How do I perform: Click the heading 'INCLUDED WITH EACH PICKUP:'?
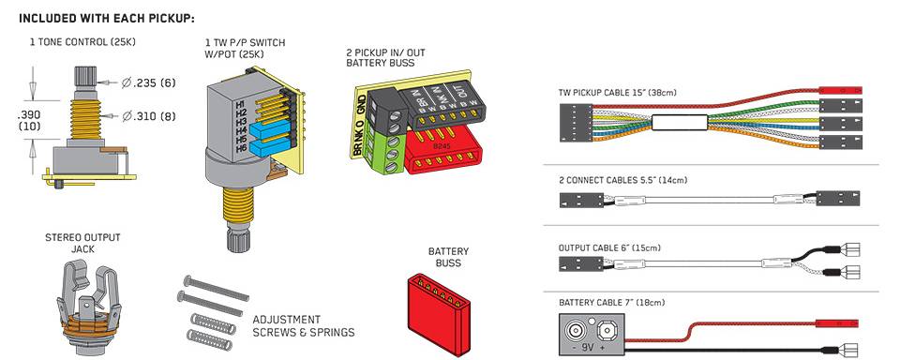(x=107, y=19)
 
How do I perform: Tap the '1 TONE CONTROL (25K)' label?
(x=82, y=42)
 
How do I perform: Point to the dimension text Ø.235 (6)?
(x=148, y=83)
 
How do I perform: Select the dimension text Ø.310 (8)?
(x=148, y=116)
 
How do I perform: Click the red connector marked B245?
(x=441, y=150)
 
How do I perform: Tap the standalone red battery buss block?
(x=439, y=312)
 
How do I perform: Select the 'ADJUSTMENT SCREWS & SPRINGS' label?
(x=304, y=325)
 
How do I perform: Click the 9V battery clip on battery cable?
(x=592, y=334)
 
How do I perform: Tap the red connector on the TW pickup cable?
(x=841, y=91)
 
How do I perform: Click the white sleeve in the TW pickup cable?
(x=680, y=122)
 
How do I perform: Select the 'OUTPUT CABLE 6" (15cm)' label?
(x=609, y=248)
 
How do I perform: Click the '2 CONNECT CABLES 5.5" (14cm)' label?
(x=622, y=180)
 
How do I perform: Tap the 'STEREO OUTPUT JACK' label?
(x=82, y=243)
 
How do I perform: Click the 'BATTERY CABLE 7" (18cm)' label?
(x=612, y=303)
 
